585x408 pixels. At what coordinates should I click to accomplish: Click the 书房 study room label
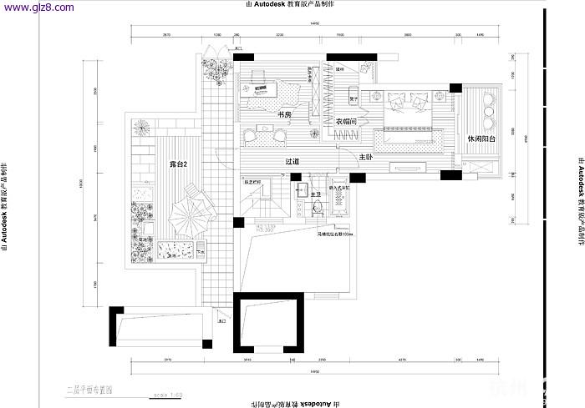[x=284, y=114]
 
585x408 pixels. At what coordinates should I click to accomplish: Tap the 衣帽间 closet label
[x=347, y=122]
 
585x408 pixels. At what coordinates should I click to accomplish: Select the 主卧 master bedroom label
[x=366, y=157]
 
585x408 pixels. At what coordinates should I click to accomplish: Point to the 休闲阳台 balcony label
[x=482, y=139]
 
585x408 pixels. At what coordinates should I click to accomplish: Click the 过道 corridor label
[x=292, y=162]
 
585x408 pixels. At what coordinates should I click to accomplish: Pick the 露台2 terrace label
[x=177, y=165]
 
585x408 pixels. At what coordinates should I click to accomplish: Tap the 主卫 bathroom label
[x=316, y=195]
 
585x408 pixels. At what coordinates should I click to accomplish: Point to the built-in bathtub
[x=342, y=204]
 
